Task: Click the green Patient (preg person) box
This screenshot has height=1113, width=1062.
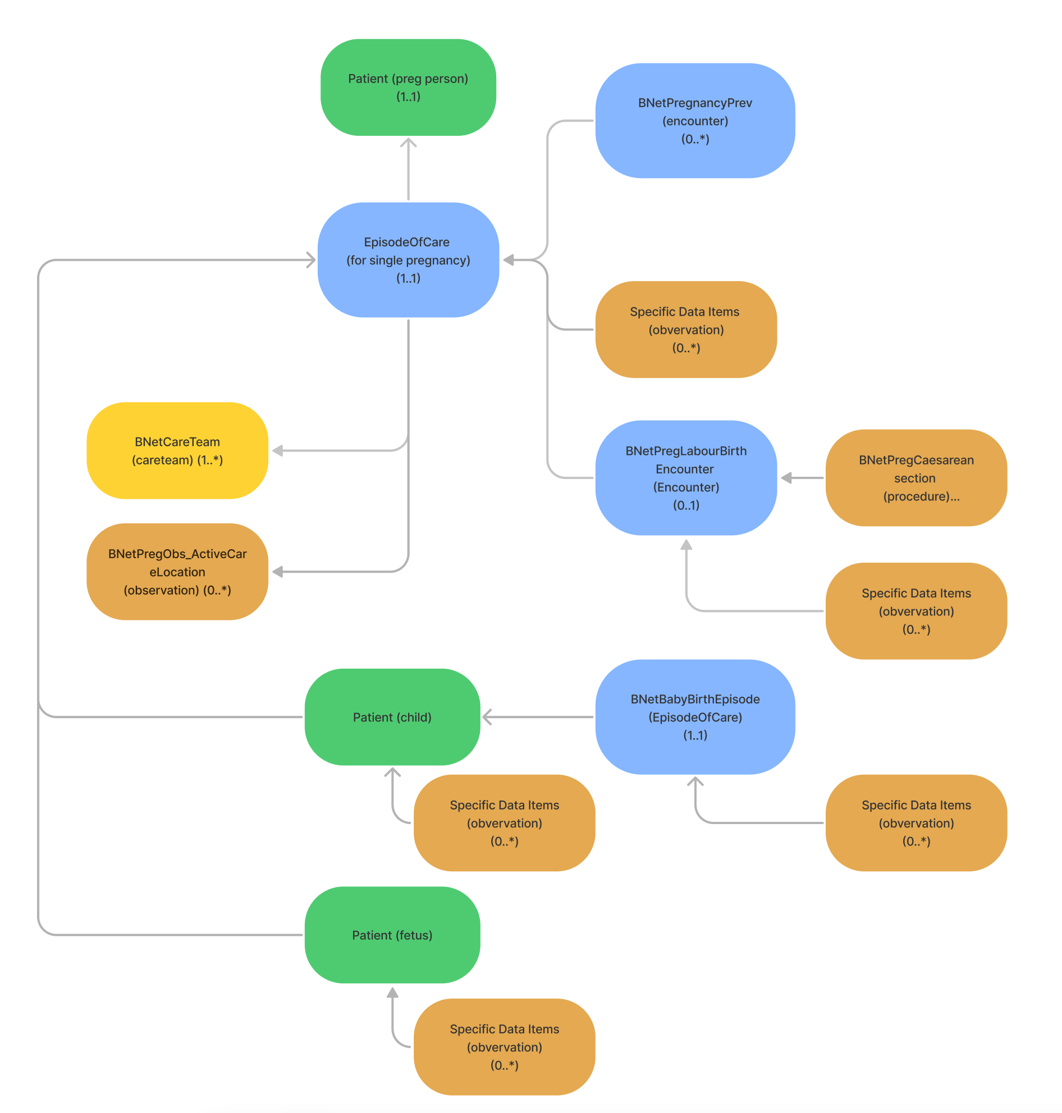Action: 408,87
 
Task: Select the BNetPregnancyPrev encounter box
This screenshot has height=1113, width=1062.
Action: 694,121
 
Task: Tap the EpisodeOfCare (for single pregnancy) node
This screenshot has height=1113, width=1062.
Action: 408,260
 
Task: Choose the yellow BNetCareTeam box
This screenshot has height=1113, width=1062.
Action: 177,450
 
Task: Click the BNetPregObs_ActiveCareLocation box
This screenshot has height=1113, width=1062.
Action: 177,572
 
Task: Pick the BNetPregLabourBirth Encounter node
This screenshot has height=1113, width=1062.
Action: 685,477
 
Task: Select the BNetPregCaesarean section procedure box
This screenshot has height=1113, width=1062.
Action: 916,477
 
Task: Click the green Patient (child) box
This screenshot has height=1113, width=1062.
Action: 392,717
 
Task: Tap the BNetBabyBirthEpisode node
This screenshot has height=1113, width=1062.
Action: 694,717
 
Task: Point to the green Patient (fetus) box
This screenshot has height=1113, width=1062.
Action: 392,935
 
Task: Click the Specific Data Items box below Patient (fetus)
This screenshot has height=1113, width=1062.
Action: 504,1047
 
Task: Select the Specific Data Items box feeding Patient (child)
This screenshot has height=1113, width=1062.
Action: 504,823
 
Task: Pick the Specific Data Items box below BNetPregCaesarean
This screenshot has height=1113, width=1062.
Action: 916,611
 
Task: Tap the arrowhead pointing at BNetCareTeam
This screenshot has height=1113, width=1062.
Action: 277,450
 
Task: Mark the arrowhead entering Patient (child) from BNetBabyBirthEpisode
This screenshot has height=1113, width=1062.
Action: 487,717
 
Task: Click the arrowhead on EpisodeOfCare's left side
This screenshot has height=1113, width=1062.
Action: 311,260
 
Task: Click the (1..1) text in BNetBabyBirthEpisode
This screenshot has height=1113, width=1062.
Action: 694,735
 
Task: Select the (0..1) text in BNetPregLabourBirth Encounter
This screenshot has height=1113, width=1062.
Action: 685,505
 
